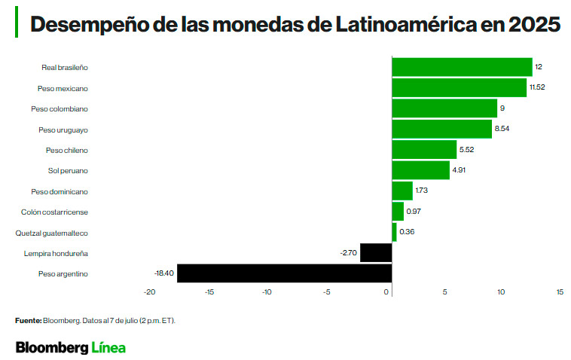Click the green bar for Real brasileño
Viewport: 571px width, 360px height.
[462, 67]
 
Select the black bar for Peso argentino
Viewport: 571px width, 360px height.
[284, 273]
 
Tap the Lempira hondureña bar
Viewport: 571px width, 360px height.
[376, 253]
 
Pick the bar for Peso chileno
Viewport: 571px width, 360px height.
[424, 150]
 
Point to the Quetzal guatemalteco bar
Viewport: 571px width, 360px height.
[394, 232]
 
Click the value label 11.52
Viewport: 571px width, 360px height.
[537, 87]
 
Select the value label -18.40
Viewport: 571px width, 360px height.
[163, 273]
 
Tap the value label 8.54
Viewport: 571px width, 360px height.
[502, 130]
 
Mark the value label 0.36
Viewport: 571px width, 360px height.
[407, 232]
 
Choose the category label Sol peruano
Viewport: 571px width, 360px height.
[68, 170]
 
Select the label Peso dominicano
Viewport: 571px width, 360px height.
[59, 191]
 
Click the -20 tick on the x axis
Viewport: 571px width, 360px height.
[149, 291]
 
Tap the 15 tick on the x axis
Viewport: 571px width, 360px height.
[560, 291]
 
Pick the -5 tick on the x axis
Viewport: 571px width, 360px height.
[327, 291]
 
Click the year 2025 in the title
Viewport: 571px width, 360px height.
[534, 25]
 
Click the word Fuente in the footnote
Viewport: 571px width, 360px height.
[27, 321]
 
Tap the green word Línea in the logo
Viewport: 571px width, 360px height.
[108, 347]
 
